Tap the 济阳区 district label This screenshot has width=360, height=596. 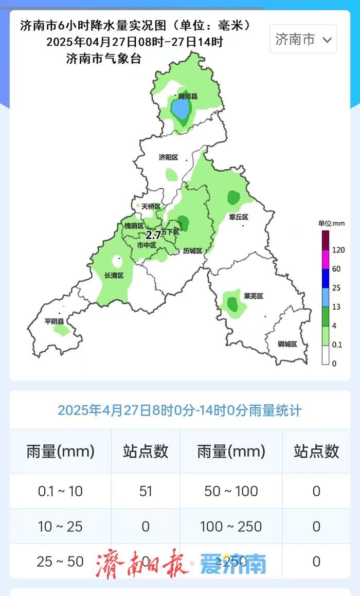pos(168,157)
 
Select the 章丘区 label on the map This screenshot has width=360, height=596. pos(239,217)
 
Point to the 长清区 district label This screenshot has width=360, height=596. pos(114,276)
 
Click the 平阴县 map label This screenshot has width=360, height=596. pos(54,321)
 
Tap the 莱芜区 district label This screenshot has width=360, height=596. pos(254,296)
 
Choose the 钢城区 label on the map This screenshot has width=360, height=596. pos(287,344)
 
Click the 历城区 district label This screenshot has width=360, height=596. pos(193,251)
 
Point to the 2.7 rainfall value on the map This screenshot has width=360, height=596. pos(153,236)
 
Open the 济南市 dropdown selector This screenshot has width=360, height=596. pos(303,39)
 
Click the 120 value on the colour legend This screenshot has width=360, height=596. pos(337,250)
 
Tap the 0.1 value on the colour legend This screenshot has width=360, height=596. pos(337,345)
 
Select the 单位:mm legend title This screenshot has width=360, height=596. pos(331,223)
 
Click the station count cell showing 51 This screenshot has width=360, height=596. pos(146,491)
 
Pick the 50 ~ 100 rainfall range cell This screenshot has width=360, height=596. pos(231,491)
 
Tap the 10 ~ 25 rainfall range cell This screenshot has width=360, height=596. pos(60,526)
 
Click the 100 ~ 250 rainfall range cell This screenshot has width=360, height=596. pos(231,526)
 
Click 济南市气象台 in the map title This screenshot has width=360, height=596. pos(104,59)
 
